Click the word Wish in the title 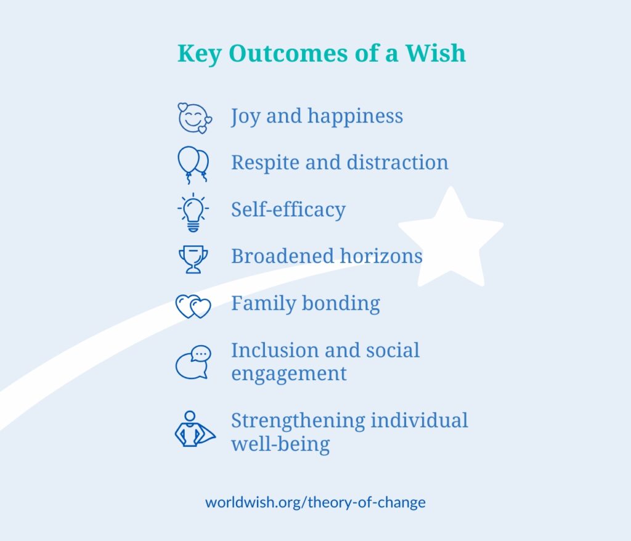(435, 53)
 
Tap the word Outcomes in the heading (288, 53)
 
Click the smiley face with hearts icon (195, 118)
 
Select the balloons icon (193, 165)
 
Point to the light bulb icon (193, 212)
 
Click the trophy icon (193, 259)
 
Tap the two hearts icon (193, 306)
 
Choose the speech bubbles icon (193, 362)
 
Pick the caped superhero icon (195, 429)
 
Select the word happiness (355, 117)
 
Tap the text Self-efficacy (288, 210)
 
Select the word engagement (288, 374)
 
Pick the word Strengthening (298, 421)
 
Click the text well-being (280, 444)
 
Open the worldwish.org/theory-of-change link (315, 502)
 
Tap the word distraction (397, 163)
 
